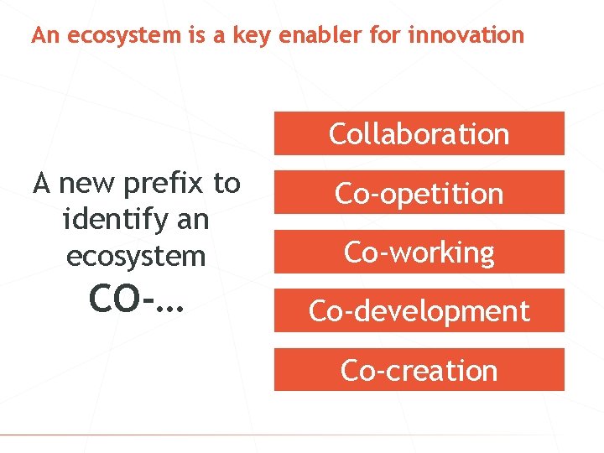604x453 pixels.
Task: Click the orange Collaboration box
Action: click(x=419, y=133)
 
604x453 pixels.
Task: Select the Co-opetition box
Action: click(x=419, y=193)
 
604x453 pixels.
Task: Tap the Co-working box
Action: click(x=419, y=252)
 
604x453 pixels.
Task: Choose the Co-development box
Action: click(x=419, y=311)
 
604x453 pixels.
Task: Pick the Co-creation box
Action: click(x=419, y=370)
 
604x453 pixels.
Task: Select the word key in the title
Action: click(x=257, y=36)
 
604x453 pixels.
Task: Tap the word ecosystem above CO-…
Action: click(x=136, y=255)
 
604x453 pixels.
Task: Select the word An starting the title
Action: click(x=44, y=35)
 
